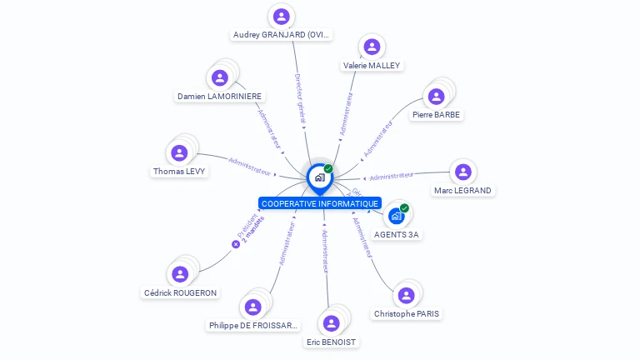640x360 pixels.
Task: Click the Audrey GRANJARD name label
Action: point(282,35)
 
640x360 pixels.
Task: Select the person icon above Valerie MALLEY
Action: point(372,47)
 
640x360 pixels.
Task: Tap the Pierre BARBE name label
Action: point(436,115)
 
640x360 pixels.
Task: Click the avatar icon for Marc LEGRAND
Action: point(462,172)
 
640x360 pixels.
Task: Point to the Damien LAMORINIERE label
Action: point(219,97)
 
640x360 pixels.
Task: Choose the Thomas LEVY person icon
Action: point(179,152)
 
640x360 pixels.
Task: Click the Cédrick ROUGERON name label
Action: point(180,293)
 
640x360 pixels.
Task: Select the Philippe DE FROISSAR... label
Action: point(253,326)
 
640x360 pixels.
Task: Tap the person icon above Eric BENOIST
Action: point(332,323)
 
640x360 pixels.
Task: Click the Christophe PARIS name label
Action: point(407,314)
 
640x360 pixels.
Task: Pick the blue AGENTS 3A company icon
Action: point(396,216)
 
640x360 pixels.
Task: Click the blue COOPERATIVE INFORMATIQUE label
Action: point(320,203)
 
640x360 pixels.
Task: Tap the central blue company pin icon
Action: point(319,177)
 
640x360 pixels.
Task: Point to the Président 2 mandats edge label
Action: point(251,229)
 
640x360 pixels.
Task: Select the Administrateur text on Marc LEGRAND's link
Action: point(392,176)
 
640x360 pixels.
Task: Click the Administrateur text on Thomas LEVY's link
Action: point(250,166)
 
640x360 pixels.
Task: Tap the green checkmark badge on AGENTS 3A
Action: point(404,208)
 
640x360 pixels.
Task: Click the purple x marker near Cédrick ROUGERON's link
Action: point(236,244)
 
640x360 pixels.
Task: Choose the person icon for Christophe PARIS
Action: point(406,295)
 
